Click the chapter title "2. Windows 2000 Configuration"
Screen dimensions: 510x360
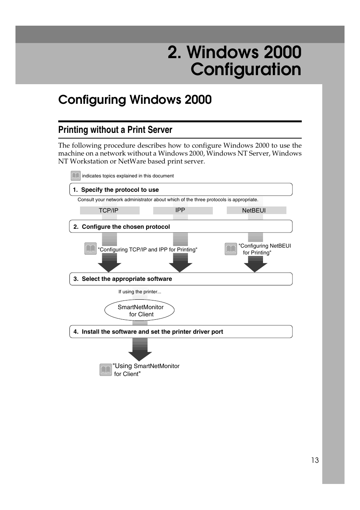234,61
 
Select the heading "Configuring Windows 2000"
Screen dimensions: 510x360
135,100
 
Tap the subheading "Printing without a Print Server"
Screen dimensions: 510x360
115,130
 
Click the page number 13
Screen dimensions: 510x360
315,460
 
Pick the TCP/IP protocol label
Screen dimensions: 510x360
109,211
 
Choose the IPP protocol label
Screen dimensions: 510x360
180,210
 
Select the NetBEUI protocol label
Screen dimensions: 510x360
254,211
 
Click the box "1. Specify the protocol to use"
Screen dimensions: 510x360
181,190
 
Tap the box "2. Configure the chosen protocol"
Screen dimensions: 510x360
181,226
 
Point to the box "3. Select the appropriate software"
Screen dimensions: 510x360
181,279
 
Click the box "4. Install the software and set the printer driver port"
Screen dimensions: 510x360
181,331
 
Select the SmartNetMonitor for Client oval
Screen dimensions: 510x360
140,311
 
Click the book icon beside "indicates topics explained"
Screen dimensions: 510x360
75,176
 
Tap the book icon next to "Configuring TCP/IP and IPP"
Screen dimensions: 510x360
91,249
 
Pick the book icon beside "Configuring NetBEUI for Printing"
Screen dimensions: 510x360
231,249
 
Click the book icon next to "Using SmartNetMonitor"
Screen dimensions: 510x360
106,370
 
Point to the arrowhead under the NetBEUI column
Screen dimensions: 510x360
255,267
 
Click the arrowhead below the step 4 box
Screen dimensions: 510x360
140,355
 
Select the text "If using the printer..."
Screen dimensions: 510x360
140,292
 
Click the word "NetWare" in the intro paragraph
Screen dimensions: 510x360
131,162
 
